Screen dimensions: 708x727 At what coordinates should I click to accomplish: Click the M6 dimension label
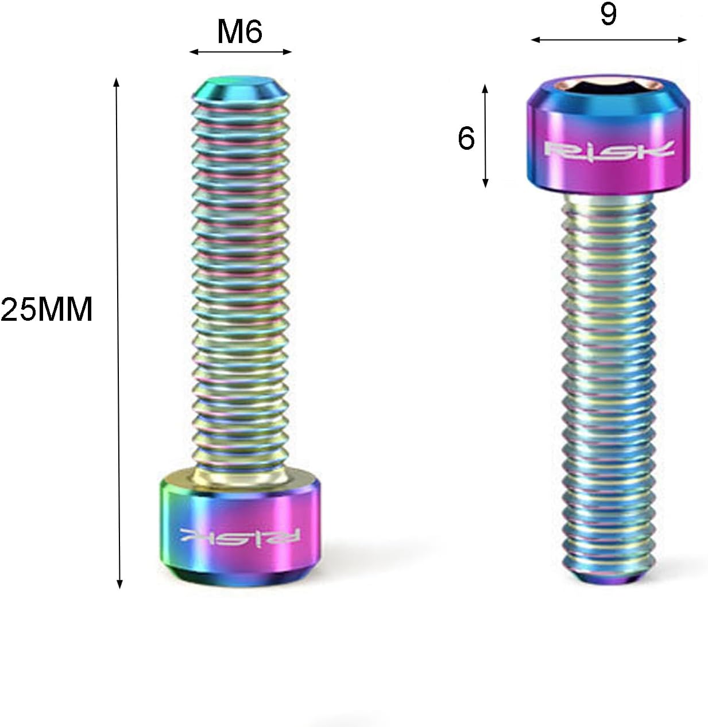click(x=239, y=32)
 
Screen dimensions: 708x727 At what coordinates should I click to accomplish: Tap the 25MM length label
click(x=47, y=309)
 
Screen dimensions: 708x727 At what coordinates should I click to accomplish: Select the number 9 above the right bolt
click(x=608, y=14)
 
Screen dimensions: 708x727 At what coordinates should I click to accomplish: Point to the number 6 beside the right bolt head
click(x=466, y=139)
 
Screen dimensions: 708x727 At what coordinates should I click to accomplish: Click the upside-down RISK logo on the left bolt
click(x=241, y=536)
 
